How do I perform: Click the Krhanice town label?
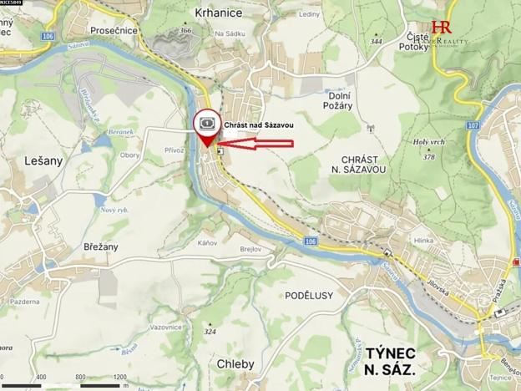coord(218,13)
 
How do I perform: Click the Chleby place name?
coord(235,364)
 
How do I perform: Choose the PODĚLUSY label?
coord(308,295)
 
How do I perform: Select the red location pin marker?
coord(206,129)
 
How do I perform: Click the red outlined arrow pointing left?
coord(259,144)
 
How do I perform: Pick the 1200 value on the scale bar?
coord(119,377)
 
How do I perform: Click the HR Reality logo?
coord(442,31)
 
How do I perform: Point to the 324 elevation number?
coord(209,332)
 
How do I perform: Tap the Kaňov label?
coord(208,242)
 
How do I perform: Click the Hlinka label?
coord(423,241)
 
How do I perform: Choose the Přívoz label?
coord(174,150)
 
